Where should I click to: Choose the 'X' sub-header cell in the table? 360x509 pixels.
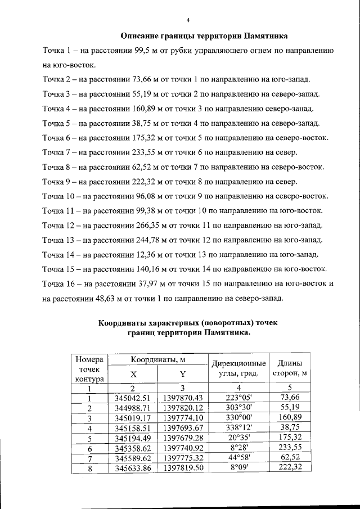click(x=133, y=373)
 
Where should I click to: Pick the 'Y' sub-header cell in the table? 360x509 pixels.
click(x=183, y=373)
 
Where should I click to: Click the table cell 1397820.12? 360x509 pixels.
click(x=183, y=408)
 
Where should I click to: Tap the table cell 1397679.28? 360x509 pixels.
click(x=183, y=439)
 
